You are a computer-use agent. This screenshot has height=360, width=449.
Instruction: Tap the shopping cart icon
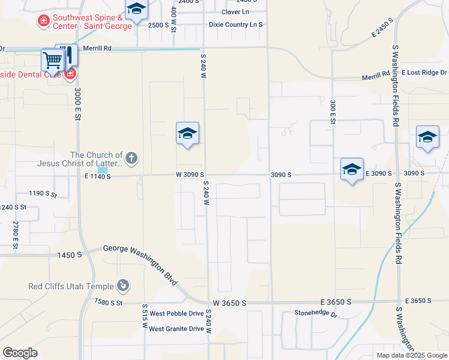pyautogui.click(x=53, y=61)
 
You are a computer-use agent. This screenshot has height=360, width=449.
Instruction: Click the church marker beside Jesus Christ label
pyautogui.click(x=132, y=158)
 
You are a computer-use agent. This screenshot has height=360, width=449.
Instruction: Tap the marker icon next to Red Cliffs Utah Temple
pyautogui.click(x=123, y=286)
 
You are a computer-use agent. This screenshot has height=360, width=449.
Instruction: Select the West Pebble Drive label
pyautogui.click(x=176, y=313)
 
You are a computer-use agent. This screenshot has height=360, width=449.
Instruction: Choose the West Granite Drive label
pyautogui.click(x=176, y=328)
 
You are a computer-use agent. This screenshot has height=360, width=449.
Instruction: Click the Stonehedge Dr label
pyautogui.click(x=316, y=313)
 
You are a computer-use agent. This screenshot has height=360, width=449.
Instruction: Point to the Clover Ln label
pyautogui.click(x=235, y=12)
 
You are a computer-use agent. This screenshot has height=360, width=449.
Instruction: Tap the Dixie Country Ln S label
pyautogui.click(x=236, y=25)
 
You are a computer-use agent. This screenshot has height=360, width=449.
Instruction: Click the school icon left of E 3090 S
pyautogui.click(x=352, y=169)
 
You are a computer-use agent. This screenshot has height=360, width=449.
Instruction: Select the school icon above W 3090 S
pyautogui.click(x=187, y=134)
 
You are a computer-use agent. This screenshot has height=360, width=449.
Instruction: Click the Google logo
pyautogui.click(x=20, y=353)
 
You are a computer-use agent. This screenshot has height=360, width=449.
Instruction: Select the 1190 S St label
pyautogui.click(x=43, y=194)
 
